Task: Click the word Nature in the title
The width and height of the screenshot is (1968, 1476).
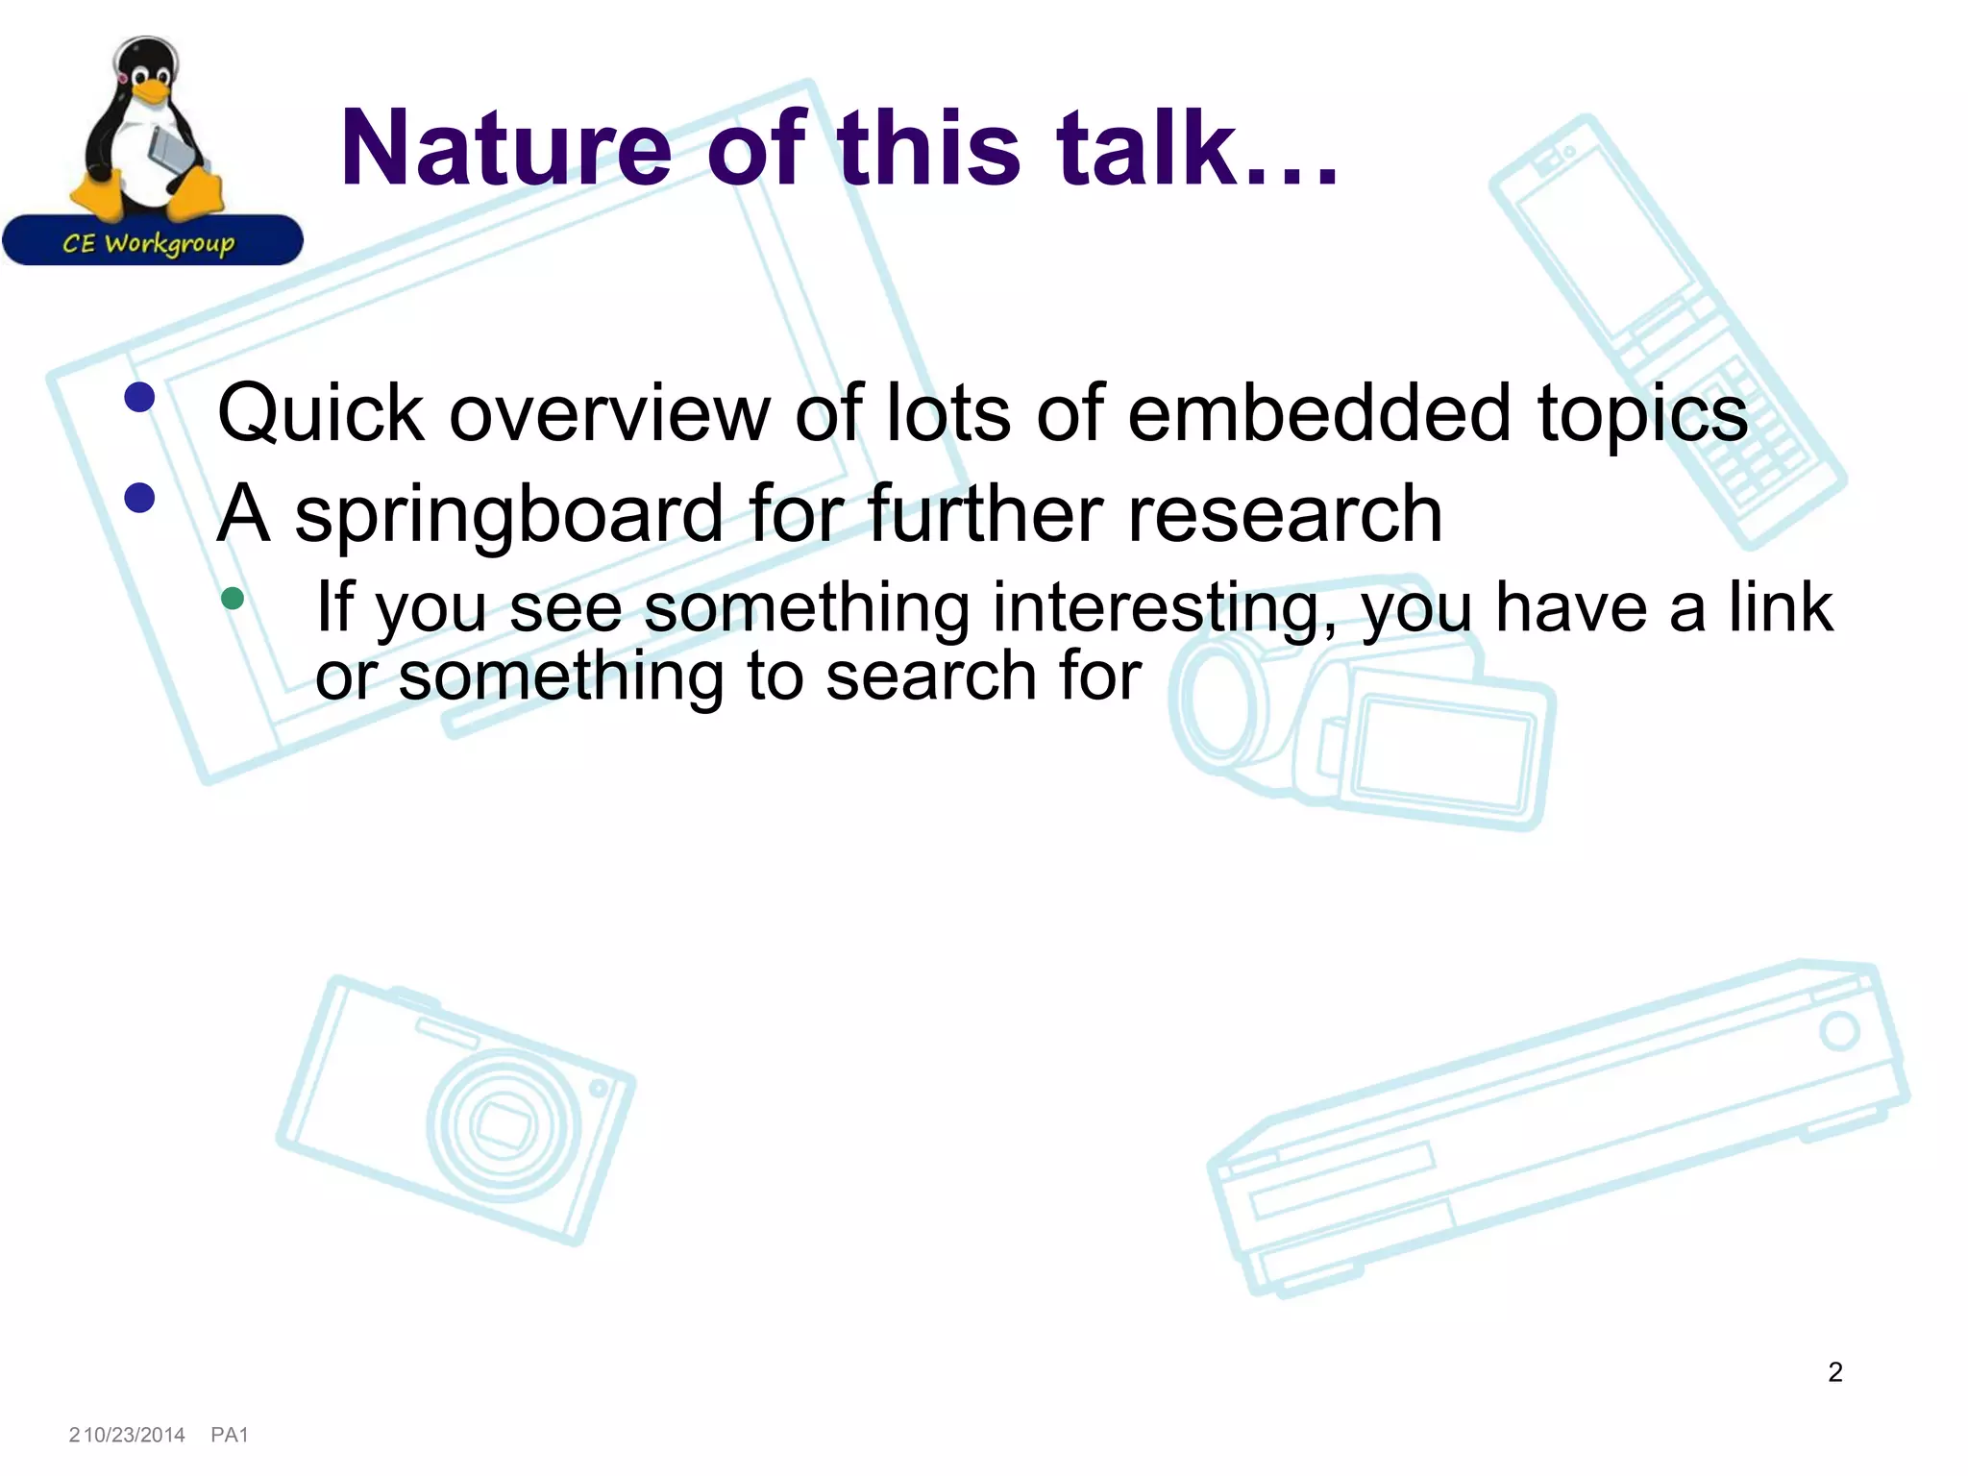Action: point(505,149)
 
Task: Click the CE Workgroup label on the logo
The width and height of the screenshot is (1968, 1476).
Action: point(149,243)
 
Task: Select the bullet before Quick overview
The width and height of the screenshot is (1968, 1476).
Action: point(140,397)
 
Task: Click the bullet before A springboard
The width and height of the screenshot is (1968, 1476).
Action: point(140,498)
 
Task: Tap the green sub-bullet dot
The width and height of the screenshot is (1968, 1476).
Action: point(233,599)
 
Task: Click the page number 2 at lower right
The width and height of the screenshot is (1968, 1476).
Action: point(1834,1371)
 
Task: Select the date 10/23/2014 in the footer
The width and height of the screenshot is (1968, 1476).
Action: point(135,1435)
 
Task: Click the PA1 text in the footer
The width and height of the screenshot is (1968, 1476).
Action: point(230,1435)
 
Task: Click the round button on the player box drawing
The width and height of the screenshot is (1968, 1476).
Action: point(1839,1031)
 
